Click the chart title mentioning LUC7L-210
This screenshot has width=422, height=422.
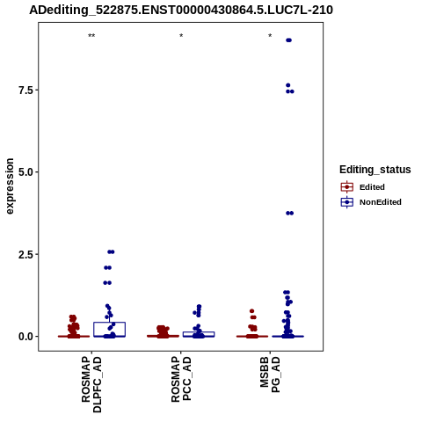(181, 11)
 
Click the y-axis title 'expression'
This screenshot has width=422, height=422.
(10, 186)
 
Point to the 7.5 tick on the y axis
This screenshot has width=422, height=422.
(25, 91)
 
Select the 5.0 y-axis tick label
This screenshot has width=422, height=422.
(25, 172)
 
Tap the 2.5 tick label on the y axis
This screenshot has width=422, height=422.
(25, 254)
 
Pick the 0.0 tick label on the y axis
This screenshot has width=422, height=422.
(25, 337)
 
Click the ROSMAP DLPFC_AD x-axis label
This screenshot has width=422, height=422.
(91, 384)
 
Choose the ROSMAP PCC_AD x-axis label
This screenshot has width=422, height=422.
(181, 379)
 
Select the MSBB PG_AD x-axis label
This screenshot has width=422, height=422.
(270, 375)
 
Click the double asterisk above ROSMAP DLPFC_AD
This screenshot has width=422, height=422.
(91, 36)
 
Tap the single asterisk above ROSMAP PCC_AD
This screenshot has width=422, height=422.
(181, 36)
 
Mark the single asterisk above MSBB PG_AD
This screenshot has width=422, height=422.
(270, 36)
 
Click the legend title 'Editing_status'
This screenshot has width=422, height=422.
(375, 170)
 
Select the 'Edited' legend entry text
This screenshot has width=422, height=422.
(372, 187)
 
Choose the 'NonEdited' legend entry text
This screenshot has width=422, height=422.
(381, 202)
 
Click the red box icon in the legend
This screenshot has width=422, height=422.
(347, 186)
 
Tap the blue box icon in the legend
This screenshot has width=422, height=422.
(347, 202)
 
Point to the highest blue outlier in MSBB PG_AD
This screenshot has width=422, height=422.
(288, 40)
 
